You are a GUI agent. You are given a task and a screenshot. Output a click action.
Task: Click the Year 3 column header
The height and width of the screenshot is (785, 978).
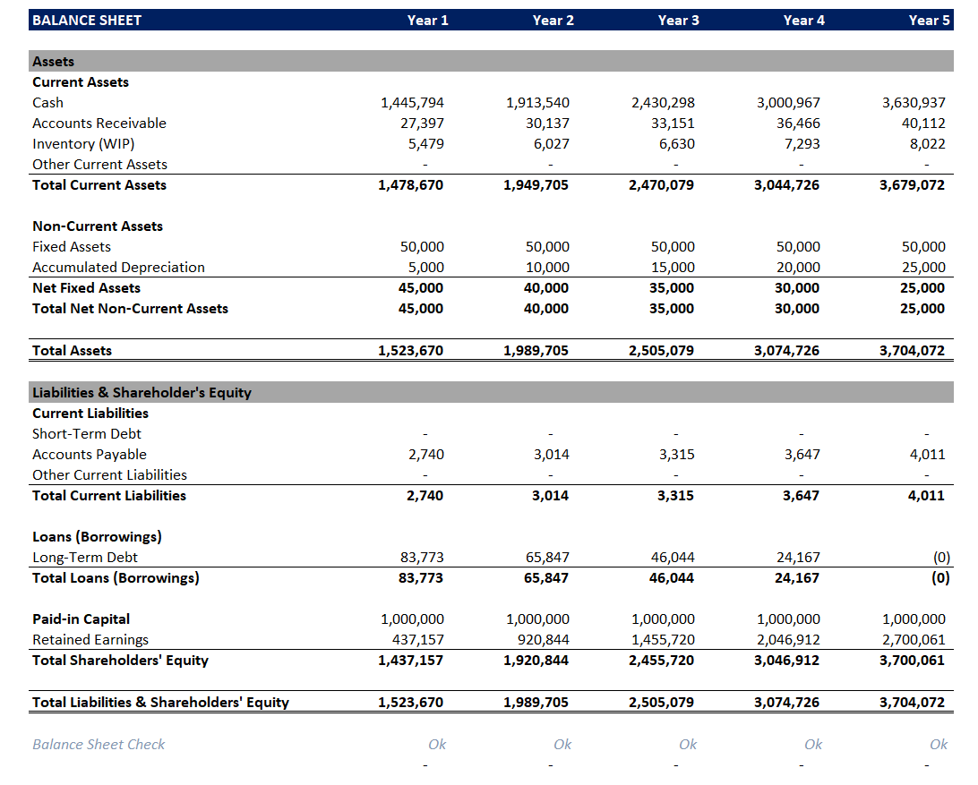(x=678, y=20)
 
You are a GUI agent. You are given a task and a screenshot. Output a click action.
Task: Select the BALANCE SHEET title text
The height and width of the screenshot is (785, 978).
(x=87, y=20)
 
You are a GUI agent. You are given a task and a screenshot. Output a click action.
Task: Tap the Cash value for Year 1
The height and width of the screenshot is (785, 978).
(x=412, y=103)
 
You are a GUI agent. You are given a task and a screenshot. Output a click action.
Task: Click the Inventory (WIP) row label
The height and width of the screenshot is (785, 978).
(x=83, y=144)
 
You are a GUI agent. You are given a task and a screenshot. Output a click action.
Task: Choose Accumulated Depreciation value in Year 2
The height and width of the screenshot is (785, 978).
(x=546, y=268)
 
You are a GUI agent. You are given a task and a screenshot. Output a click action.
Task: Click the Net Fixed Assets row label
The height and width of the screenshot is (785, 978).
(x=86, y=288)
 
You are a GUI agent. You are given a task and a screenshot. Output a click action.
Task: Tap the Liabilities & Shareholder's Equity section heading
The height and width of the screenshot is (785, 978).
(x=142, y=393)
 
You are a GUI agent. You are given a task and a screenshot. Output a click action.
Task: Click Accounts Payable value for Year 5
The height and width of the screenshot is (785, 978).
(x=927, y=455)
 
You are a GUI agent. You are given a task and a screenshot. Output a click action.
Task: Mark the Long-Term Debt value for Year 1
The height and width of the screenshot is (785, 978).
(x=421, y=558)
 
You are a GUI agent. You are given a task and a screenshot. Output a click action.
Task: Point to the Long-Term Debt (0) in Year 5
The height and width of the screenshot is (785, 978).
(x=940, y=558)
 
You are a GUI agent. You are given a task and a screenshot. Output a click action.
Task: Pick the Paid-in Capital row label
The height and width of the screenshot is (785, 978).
(x=81, y=619)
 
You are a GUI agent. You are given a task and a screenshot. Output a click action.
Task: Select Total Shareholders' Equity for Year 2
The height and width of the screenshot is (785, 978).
(x=536, y=661)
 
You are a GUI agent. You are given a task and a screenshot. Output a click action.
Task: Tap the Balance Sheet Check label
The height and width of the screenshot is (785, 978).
(x=99, y=745)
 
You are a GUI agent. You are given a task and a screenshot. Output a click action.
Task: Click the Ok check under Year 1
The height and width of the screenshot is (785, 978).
(x=437, y=745)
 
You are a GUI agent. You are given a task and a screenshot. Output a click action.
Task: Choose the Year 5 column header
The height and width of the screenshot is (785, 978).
(x=929, y=20)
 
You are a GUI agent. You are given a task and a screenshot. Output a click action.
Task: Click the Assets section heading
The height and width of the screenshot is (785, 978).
(x=53, y=62)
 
